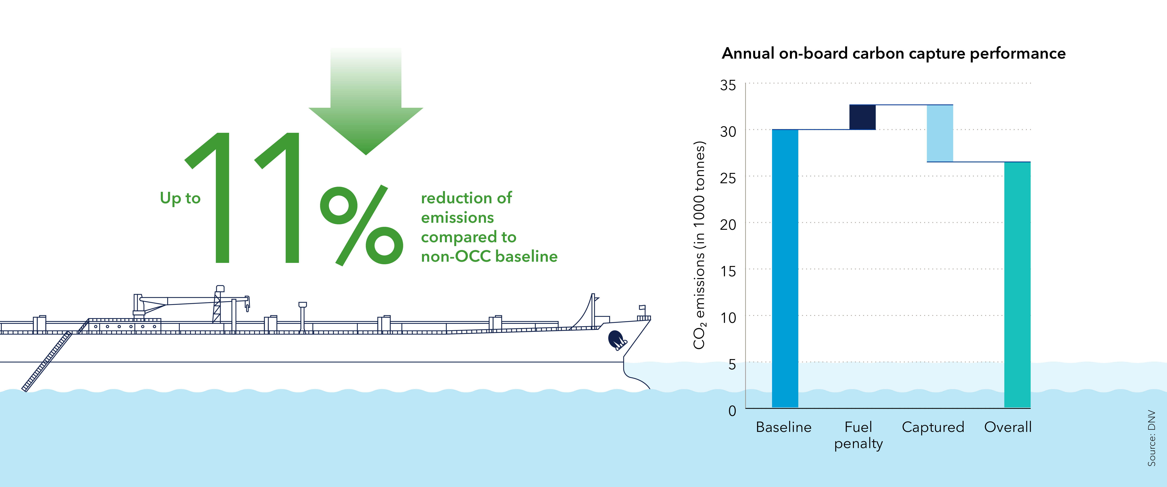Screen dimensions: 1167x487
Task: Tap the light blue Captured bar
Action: click(x=940, y=133)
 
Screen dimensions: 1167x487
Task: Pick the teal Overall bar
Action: click(x=1017, y=285)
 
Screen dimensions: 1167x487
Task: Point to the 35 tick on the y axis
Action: click(x=728, y=85)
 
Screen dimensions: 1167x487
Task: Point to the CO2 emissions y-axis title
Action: click(x=699, y=245)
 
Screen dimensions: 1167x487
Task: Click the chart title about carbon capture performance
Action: click(x=893, y=54)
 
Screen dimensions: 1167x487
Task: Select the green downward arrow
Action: click(x=366, y=101)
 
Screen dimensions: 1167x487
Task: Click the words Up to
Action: click(x=180, y=198)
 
